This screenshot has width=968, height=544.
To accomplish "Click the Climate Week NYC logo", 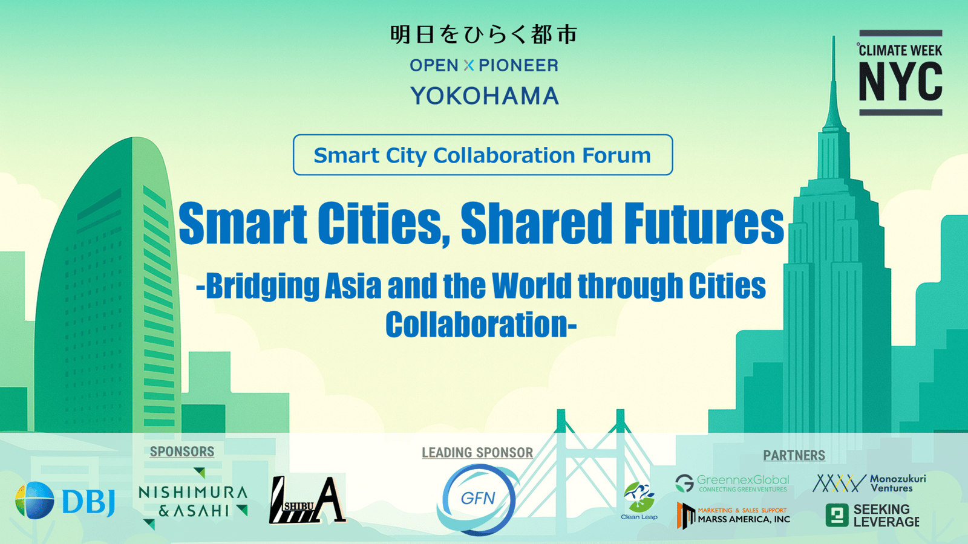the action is point(900,73).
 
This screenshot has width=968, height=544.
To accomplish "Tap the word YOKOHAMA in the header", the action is point(485,96).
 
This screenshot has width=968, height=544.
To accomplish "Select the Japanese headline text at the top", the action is point(483,34).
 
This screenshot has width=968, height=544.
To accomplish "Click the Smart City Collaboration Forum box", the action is point(483,155).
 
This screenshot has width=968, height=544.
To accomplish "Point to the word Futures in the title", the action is point(704,223).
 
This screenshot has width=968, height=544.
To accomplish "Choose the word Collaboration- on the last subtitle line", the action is point(481,324).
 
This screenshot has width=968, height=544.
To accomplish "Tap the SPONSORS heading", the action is point(182,451).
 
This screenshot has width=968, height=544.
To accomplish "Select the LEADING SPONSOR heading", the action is point(477,453).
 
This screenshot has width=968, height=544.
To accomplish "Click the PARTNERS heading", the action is point(794,455).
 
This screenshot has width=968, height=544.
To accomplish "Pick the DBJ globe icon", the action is point(34,500).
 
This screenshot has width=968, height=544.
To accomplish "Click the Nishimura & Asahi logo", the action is point(193,499).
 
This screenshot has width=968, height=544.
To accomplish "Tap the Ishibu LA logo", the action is point(307,500).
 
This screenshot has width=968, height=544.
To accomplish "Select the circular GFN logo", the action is point(477,499).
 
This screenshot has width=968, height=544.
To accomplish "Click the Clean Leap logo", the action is point(639,501).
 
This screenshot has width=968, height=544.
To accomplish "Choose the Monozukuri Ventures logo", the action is point(869,483).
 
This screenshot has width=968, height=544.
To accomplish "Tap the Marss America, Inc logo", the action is point(733,516).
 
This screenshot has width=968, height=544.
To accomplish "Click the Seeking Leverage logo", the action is point(872,516).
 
